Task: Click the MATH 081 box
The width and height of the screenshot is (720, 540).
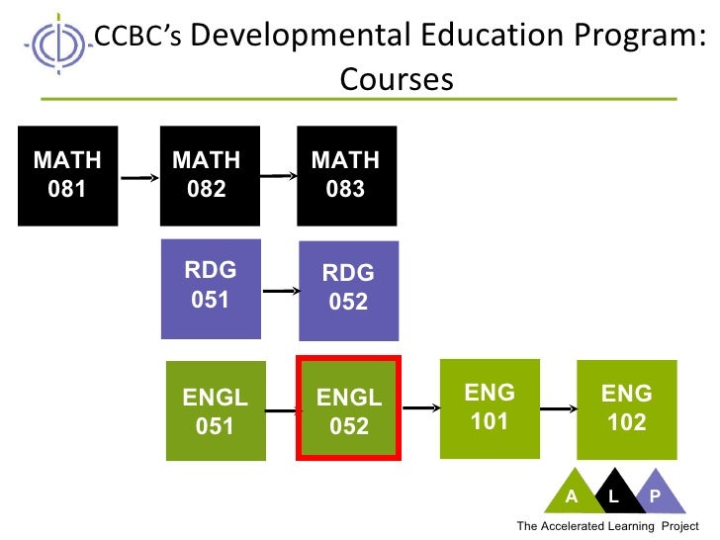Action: (67, 175)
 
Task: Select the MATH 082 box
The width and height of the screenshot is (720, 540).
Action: (207, 175)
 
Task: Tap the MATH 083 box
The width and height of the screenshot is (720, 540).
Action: (346, 175)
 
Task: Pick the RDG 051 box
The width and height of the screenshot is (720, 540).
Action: (211, 288)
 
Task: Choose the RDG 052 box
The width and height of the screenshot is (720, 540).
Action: (348, 290)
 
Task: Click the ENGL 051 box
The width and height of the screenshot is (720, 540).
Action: (215, 411)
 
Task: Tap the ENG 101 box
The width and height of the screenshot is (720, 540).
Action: (489, 408)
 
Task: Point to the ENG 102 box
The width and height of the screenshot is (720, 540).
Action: (627, 408)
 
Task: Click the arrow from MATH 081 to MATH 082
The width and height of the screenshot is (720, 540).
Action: (138, 177)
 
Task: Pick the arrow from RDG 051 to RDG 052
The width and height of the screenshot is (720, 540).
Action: (281, 291)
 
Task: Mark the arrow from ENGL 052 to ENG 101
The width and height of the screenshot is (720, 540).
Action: (419, 406)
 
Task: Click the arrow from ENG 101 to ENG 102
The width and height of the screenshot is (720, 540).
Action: (559, 406)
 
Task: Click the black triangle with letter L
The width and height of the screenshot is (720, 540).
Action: (613, 491)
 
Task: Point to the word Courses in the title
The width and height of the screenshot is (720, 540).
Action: (397, 78)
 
